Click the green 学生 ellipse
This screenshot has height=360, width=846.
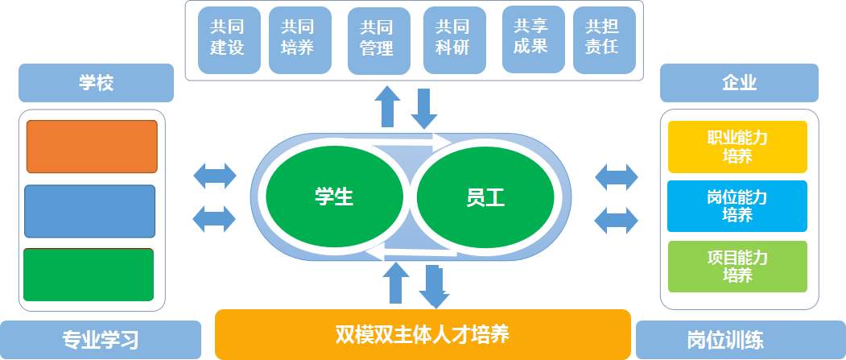333,196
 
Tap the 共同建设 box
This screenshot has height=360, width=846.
226,39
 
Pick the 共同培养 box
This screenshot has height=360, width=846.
297,39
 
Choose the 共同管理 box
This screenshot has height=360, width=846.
377,41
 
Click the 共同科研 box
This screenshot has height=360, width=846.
453,39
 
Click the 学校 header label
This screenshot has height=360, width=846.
96,82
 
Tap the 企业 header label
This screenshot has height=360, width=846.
739,82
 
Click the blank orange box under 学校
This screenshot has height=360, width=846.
92,147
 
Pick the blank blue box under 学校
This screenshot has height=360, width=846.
89,211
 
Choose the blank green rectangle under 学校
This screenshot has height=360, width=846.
89,275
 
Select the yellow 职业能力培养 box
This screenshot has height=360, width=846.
737,147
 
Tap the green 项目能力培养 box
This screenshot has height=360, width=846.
737,267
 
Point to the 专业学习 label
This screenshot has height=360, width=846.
101,339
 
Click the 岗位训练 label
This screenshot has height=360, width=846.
740,339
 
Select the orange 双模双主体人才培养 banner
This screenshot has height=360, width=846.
422,333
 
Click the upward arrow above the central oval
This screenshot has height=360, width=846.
389,108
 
